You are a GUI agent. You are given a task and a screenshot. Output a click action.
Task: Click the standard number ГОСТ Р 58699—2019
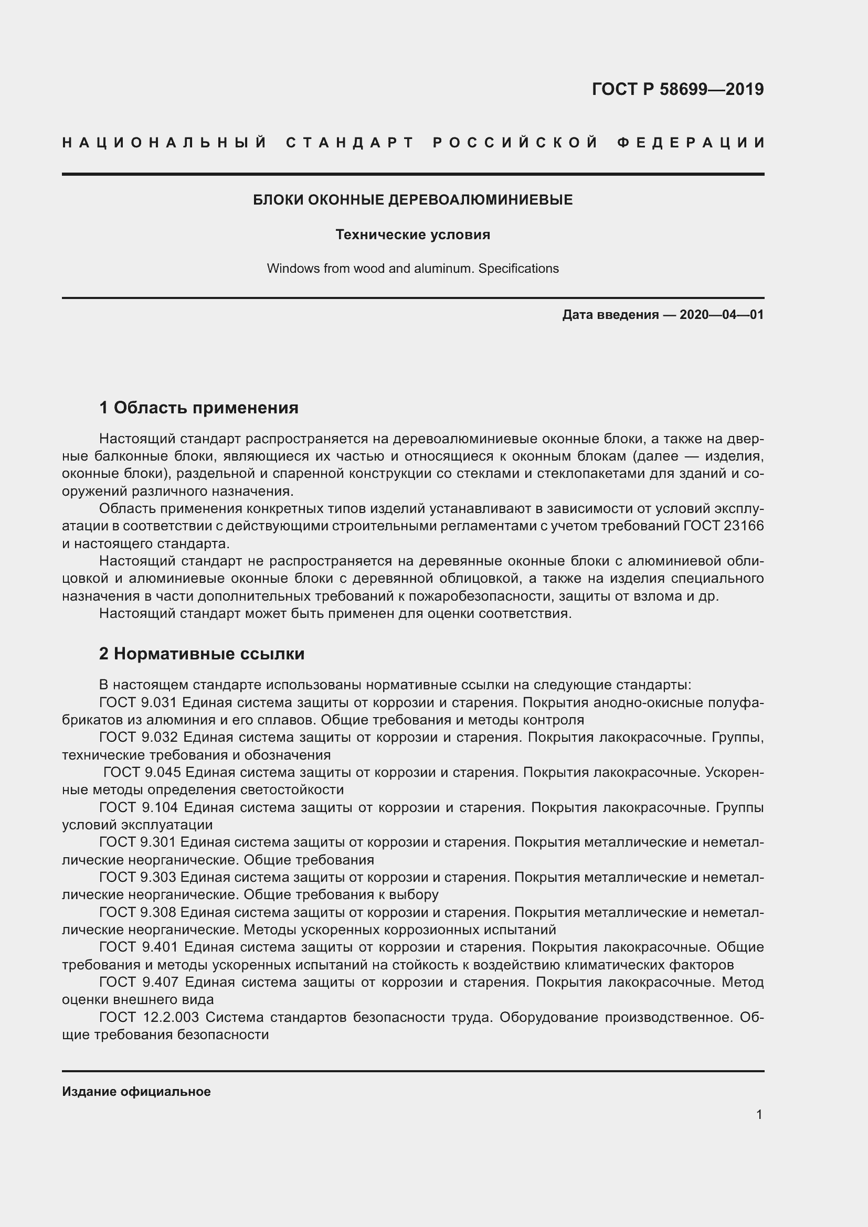point(677,89)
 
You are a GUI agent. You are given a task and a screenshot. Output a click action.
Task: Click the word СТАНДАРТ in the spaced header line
point(350,143)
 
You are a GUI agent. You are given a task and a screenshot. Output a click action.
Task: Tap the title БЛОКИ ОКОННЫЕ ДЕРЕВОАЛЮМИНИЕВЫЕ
point(412,200)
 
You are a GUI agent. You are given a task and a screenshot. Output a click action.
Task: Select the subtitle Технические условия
point(412,234)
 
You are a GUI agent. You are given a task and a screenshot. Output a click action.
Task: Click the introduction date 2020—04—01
point(722,315)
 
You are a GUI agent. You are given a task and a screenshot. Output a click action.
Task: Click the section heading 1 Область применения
point(198,408)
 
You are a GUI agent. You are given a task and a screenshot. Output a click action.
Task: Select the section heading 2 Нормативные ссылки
point(202,654)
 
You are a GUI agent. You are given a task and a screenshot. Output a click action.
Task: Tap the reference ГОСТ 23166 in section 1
point(724,526)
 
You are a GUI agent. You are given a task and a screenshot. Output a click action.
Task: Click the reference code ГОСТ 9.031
point(138,703)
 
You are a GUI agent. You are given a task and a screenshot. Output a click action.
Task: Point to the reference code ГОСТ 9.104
point(139,807)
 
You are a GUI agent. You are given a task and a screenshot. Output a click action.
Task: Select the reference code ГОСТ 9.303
point(137,878)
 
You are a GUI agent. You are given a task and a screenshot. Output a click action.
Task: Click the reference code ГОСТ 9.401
point(139,947)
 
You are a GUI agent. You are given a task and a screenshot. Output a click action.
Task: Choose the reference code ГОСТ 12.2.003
point(149,1018)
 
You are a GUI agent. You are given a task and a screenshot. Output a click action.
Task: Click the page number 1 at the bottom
point(759,1115)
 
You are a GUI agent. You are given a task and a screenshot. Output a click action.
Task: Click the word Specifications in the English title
point(518,268)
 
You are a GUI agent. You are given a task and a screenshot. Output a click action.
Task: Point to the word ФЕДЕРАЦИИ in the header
point(691,143)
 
